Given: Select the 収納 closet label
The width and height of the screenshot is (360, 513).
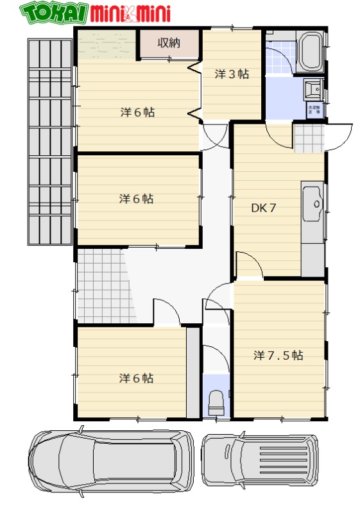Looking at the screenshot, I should (169, 44).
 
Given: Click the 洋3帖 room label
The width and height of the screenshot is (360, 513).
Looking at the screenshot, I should (231, 74).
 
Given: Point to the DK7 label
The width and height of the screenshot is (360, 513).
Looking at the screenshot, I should (263, 208).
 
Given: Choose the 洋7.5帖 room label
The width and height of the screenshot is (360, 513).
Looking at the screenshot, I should (278, 355).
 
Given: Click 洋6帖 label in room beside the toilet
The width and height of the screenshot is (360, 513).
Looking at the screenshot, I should (136, 378).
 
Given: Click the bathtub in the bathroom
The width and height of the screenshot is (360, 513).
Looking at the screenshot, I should (311, 52).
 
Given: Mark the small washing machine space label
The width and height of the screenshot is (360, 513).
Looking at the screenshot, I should (314, 109).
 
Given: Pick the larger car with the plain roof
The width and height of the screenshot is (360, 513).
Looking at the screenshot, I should (111, 461).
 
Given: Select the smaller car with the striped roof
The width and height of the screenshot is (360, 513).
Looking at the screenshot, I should (260, 460).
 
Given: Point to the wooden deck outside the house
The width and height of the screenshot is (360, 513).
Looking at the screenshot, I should (50, 141).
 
